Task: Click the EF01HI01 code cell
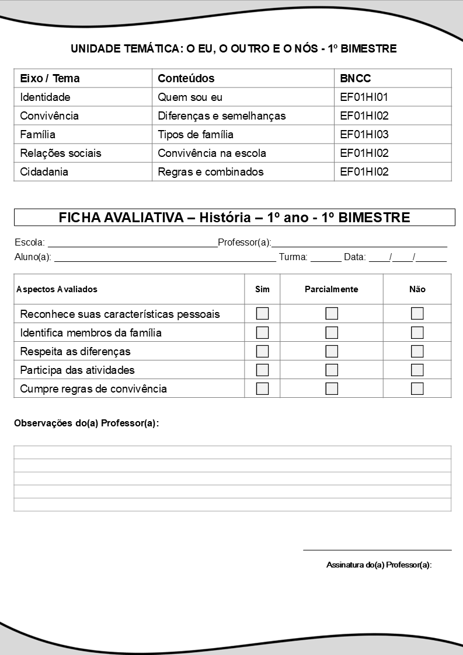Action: pos(364,97)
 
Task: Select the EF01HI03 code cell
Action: pos(364,134)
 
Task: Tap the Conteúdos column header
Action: pos(186,78)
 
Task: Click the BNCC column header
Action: pos(355,78)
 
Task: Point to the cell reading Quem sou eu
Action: pos(190,97)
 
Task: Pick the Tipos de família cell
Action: pos(195,134)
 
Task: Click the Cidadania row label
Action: pos(44,171)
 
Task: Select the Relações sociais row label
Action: pos(60,153)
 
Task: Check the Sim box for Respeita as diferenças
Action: pos(263,351)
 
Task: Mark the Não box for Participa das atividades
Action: pos(417,370)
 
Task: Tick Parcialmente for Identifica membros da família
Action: pos(332,332)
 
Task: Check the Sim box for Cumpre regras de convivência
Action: pos(263,388)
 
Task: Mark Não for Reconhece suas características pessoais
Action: pos(417,314)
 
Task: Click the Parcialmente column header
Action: pos(331,289)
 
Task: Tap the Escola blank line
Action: pos(132,243)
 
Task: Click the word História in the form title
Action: pos(229,218)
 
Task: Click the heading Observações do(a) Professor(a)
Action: pos(86,423)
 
